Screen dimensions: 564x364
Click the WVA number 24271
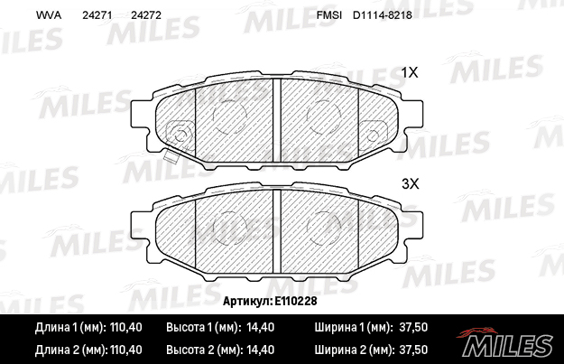[97, 15]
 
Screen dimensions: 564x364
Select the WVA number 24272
[146, 15]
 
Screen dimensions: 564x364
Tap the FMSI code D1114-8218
[383, 15]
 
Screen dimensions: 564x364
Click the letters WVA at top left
[49, 15]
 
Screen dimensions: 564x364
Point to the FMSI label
[329, 15]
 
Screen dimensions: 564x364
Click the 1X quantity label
[410, 73]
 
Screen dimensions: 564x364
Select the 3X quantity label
[410, 184]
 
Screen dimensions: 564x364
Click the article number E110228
[296, 301]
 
